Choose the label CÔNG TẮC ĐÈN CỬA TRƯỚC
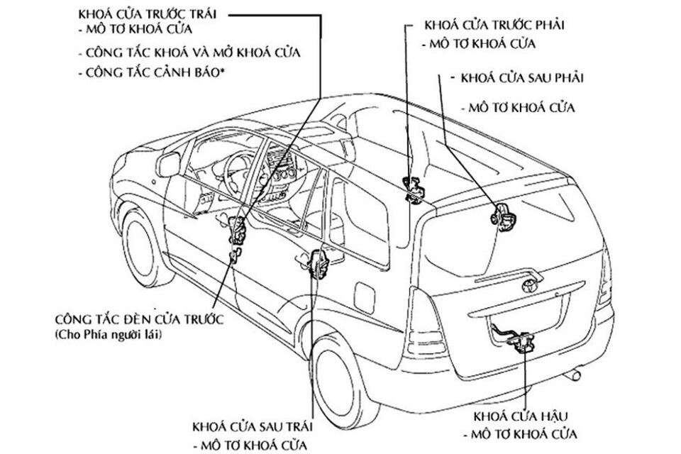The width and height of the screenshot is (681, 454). coord(138,319)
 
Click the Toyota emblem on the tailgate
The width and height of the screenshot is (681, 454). coord(529,285)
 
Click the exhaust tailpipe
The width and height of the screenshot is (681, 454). coord(579,372)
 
